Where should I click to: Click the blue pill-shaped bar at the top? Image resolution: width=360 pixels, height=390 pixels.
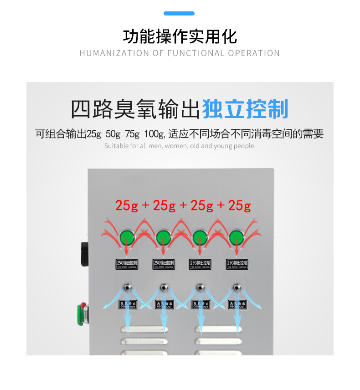click(x=179, y=14)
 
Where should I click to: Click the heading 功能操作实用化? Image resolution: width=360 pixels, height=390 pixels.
click(x=180, y=36)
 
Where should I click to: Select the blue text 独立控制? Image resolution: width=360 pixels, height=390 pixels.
click(x=245, y=110)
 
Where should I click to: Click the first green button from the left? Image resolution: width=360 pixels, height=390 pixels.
click(x=127, y=237)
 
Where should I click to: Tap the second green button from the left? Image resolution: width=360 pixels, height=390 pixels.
click(x=163, y=237)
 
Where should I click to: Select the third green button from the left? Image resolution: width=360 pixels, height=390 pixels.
click(x=200, y=237)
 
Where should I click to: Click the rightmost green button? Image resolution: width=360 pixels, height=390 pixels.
click(x=236, y=237)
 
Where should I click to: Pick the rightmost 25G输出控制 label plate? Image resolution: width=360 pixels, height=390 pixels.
click(x=237, y=264)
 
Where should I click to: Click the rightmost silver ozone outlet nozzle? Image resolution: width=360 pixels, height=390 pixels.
click(x=237, y=287)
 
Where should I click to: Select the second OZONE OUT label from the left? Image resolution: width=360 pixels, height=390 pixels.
click(x=164, y=304)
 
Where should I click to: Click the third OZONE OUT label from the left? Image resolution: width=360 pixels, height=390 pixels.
click(x=201, y=304)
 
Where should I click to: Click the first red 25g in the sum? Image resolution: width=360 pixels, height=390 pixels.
click(x=126, y=205)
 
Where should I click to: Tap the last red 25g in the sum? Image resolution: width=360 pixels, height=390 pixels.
click(x=239, y=205)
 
